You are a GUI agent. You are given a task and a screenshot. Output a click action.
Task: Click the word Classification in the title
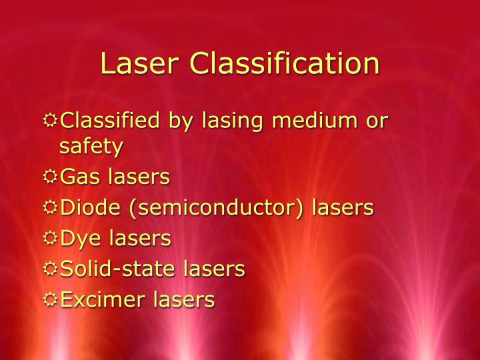285,64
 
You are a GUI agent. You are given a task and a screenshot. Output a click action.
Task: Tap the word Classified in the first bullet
111,121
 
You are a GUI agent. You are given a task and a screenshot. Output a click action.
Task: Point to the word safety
91,145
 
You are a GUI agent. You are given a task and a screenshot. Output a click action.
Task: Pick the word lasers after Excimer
184,299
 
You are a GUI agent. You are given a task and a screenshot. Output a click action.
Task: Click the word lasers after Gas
139,177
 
